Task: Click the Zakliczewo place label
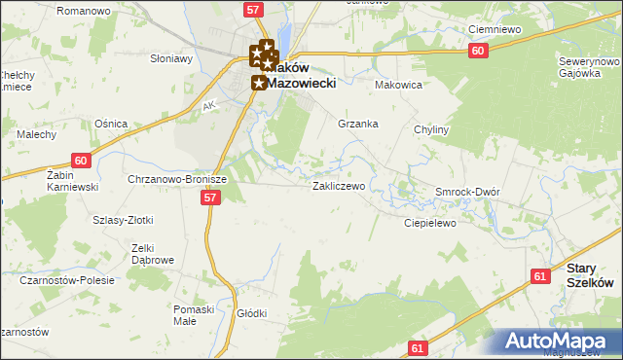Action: point(338,185)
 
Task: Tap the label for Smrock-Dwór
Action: point(467,192)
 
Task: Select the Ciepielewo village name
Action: point(430,223)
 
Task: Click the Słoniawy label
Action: point(171,57)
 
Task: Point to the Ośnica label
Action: point(106,124)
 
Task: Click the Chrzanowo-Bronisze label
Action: point(177,179)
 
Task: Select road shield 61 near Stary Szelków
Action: point(541,276)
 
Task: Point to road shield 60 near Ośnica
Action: point(81,161)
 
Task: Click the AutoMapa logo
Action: point(558,342)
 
